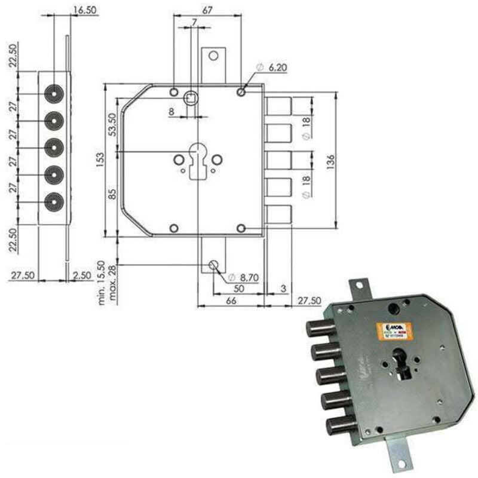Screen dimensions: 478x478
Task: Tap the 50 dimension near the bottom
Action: (238, 289)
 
